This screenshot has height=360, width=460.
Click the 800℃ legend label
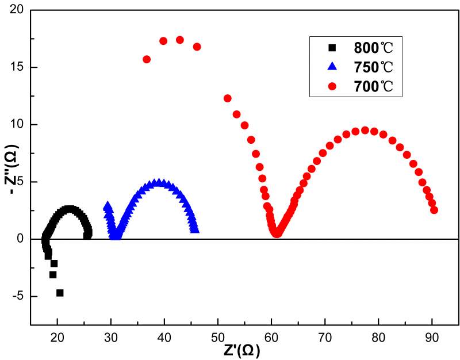point(377,47)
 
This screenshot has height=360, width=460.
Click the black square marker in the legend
point(331,47)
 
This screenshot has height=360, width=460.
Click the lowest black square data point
point(60,293)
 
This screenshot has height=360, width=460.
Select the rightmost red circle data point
point(434,210)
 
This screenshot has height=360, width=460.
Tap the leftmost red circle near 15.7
point(147,59)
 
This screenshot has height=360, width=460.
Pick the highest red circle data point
point(179,40)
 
